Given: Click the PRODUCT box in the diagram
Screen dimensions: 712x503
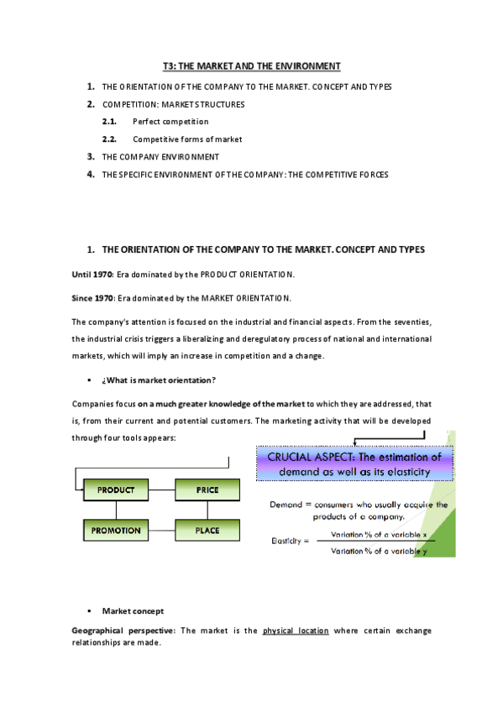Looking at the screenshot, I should [x=116, y=489].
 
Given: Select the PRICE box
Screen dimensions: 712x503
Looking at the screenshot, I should [x=207, y=489].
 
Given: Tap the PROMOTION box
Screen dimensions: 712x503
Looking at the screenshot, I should [x=116, y=531].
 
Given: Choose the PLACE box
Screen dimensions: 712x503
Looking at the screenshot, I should [x=207, y=531].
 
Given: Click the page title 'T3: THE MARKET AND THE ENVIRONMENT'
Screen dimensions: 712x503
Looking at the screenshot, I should [x=251, y=65].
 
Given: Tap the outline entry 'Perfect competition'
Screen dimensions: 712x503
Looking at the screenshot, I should [x=170, y=122].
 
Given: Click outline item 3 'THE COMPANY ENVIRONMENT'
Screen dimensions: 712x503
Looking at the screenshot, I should [x=160, y=157].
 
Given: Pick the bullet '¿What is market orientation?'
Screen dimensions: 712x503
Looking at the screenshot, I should [x=159, y=380].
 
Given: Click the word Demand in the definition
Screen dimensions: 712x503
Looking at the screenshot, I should [x=286, y=505].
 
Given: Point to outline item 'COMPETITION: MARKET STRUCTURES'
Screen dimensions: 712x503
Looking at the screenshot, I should [x=174, y=105].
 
